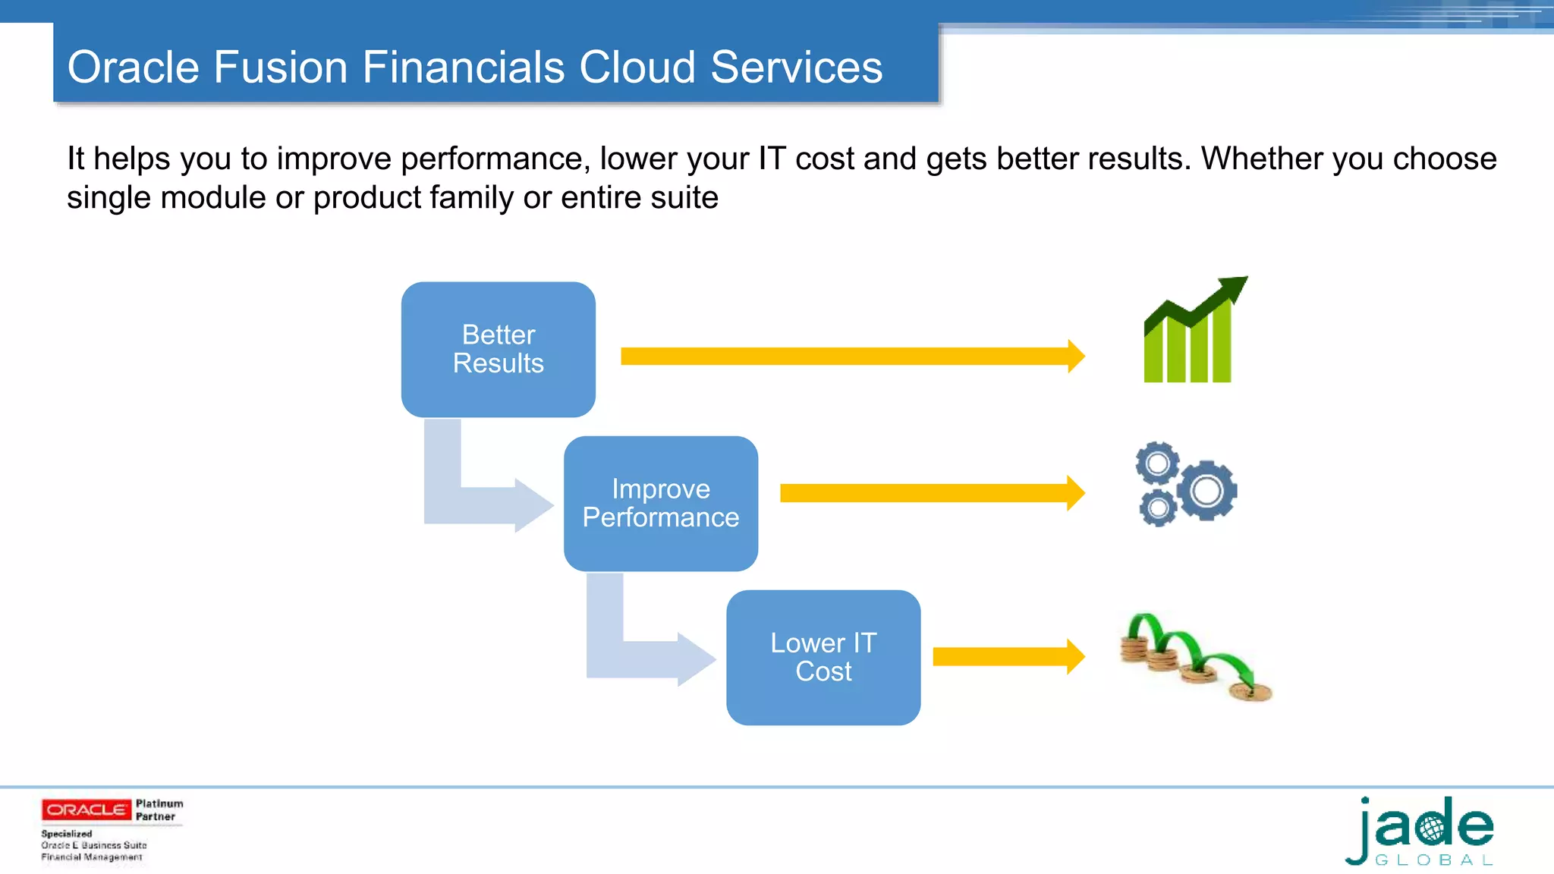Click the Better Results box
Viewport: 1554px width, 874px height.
(x=498, y=349)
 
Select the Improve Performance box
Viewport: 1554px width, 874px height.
(x=660, y=503)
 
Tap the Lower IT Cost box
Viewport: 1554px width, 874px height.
(x=823, y=657)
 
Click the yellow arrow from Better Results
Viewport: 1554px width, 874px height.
(x=850, y=356)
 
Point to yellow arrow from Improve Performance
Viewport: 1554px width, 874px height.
(x=930, y=493)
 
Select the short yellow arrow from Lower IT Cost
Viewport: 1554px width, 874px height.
(x=1005, y=656)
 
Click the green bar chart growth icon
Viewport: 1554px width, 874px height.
(x=1188, y=341)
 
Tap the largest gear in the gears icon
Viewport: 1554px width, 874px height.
(x=1206, y=491)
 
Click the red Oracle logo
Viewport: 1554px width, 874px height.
(x=86, y=810)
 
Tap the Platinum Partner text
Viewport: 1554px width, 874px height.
(x=159, y=810)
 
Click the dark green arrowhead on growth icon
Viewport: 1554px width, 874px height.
(x=1233, y=288)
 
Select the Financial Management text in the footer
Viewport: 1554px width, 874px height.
(x=92, y=857)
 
